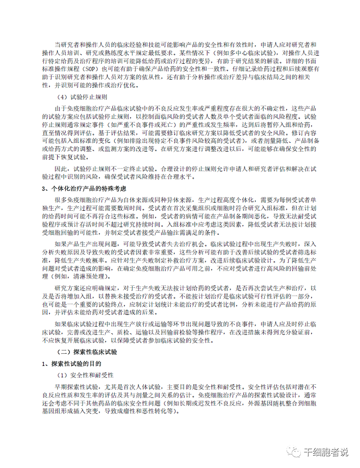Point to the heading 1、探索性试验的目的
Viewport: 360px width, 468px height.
coord(74,364)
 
